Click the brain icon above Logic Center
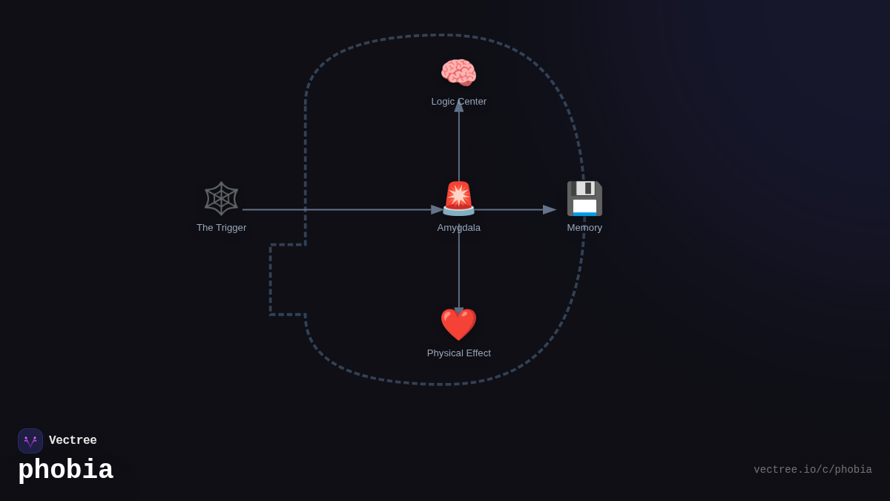point(458,73)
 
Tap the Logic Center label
point(458,102)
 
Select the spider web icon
point(221,198)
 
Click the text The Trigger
point(221,228)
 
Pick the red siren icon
point(458,198)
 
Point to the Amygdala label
point(458,228)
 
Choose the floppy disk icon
point(584,198)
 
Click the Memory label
point(584,228)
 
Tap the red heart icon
point(458,324)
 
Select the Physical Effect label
point(458,353)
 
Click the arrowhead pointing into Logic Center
point(459,106)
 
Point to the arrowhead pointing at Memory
point(550,210)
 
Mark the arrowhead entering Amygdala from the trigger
point(438,210)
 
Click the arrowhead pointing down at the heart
point(459,312)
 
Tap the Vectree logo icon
point(30,441)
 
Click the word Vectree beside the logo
point(73,441)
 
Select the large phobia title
point(65,471)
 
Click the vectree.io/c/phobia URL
point(812,470)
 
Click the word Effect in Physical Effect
point(475,353)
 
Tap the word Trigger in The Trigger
point(231,228)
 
